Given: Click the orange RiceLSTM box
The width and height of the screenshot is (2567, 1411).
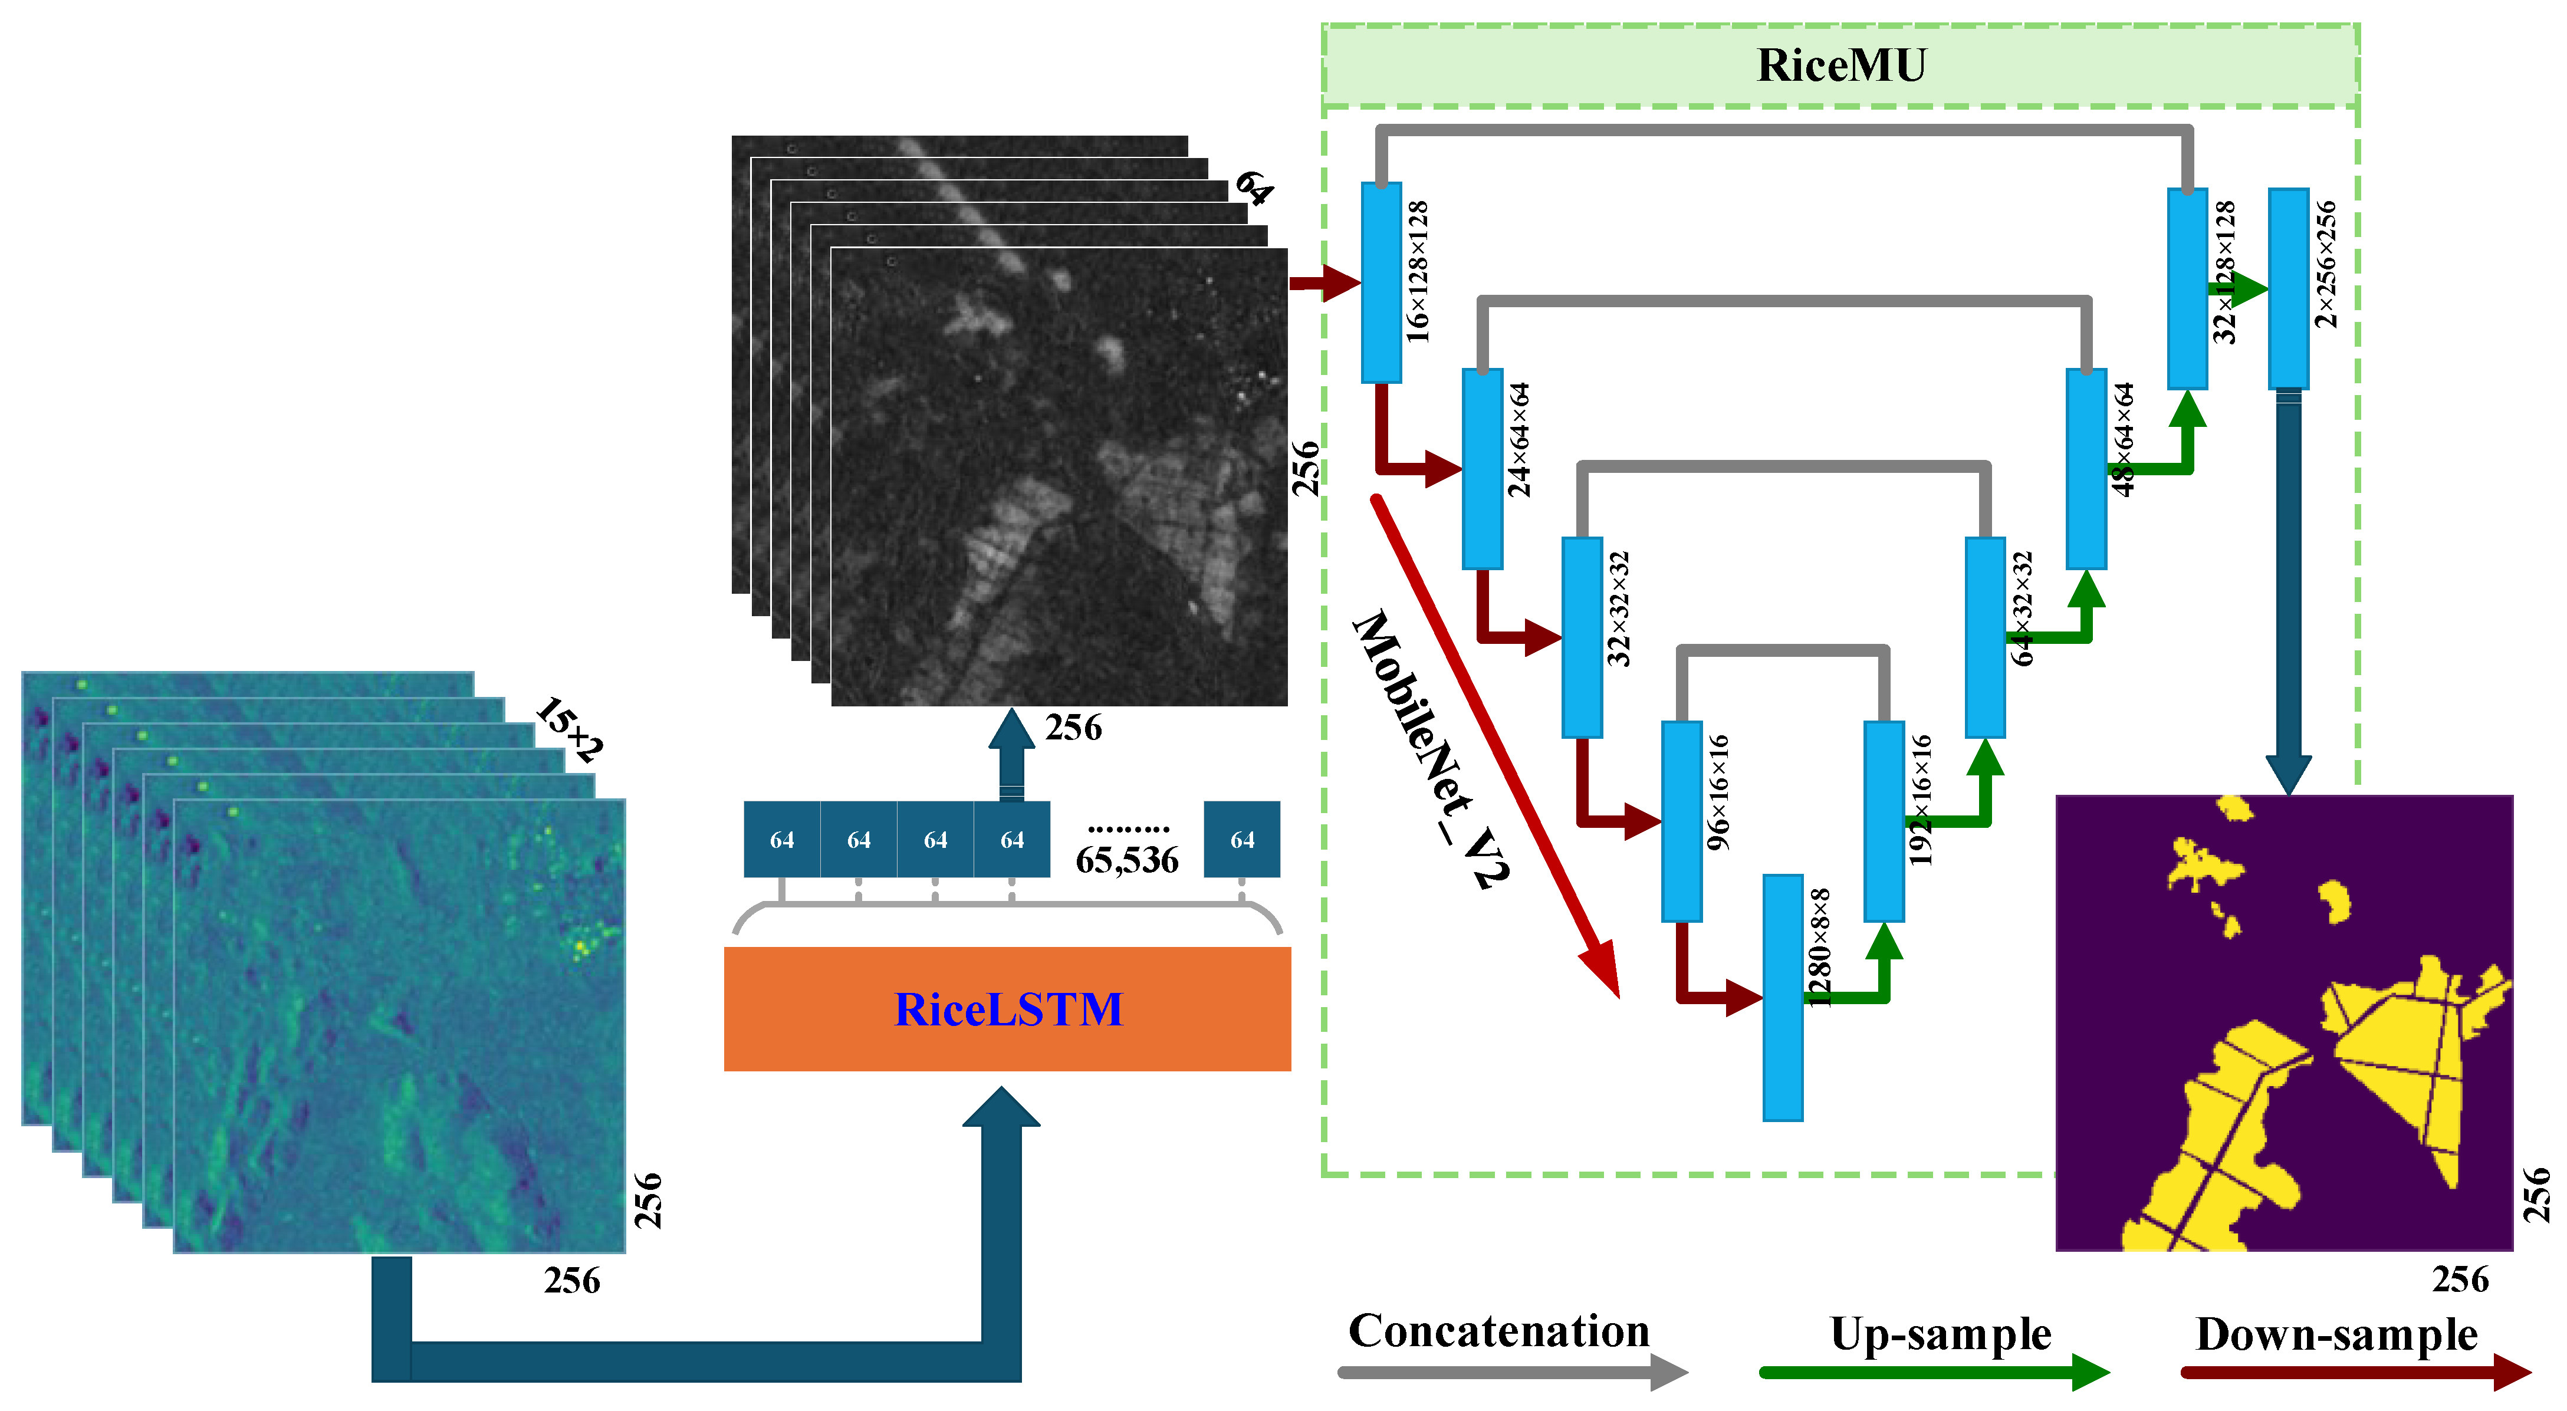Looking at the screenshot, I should pos(1007,1008).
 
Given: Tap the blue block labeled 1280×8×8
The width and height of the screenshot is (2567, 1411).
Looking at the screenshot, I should pos(1783,996).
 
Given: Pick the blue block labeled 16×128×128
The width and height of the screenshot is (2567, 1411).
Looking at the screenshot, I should pos(1381,282).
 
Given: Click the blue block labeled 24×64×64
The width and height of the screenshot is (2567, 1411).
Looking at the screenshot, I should pos(1482,468).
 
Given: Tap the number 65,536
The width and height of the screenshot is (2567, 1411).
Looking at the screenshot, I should pos(1126,860).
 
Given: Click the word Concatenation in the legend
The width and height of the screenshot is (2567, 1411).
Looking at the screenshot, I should pos(1498,1331).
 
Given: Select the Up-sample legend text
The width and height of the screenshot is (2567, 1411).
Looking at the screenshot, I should pos(1940,1333).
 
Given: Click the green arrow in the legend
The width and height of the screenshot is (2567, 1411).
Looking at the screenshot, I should pos(1933,1373).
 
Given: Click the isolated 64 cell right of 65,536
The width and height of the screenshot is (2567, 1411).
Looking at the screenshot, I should pos(1242,839).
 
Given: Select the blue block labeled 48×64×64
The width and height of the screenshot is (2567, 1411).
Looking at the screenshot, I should pos(2086,468).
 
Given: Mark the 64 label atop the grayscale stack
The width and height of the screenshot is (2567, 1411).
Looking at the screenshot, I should pos(1253,188).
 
